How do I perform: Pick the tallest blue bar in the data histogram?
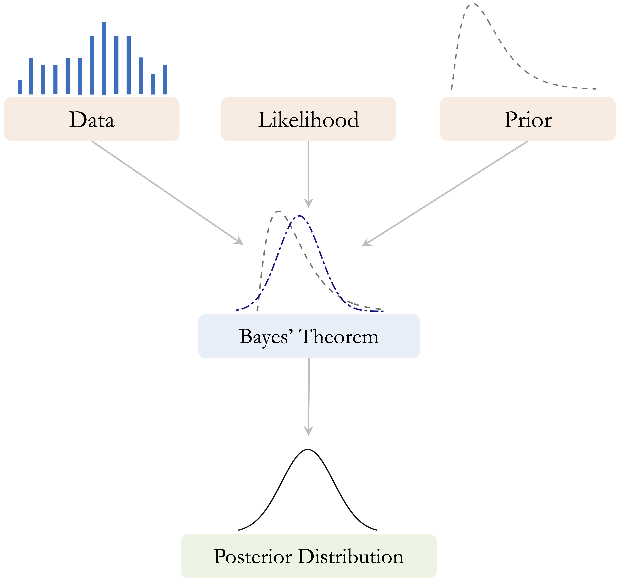pyautogui.click(x=104, y=58)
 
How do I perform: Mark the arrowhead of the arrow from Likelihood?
pyautogui.click(x=309, y=203)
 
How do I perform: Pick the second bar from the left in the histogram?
pyautogui.click(x=31, y=76)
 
